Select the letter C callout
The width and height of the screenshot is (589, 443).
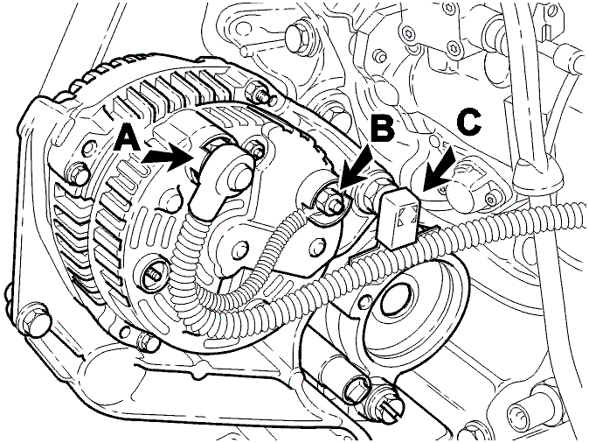[468, 123]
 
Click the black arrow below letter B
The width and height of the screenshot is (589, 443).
[355, 168]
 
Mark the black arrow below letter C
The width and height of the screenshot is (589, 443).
[439, 171]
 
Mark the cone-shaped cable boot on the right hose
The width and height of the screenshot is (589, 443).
[538, 174]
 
